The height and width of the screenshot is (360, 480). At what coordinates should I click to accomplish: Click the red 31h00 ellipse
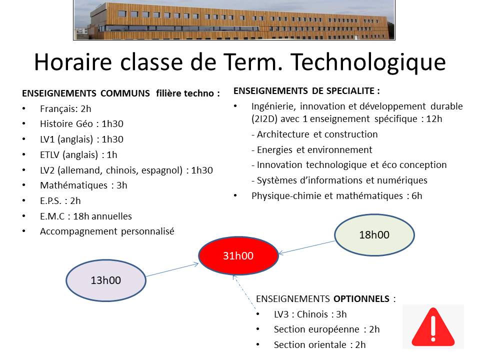pos(238,255)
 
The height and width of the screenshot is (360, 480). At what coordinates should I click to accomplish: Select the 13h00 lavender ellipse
pos(106,280)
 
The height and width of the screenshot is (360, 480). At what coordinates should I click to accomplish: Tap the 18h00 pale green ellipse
pos(374,235)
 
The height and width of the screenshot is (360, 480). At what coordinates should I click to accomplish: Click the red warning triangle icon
pos(433,327)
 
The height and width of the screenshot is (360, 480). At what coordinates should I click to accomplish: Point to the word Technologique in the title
pos(368,62)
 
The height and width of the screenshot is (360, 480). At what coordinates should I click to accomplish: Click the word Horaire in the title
pos(73,62)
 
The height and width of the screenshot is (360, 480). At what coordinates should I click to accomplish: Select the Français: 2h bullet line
pos(65,109)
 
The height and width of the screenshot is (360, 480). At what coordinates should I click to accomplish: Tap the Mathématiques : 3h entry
pos(83,185)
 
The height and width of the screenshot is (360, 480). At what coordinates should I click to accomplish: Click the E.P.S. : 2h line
pos(60,201)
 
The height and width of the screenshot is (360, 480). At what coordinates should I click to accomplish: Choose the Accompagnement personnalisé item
pos(107,231)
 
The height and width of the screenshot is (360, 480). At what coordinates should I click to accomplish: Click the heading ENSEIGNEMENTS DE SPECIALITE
pos(306,91)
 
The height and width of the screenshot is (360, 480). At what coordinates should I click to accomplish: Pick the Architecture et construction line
pos(314,134)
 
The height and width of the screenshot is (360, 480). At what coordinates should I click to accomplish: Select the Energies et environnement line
pos(312,149)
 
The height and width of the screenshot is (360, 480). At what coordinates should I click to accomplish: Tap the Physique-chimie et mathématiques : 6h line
pos(336,196)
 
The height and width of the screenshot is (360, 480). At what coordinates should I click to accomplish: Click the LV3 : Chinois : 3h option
pos(310,314)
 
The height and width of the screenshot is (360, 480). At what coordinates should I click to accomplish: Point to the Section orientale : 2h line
pos(320,345)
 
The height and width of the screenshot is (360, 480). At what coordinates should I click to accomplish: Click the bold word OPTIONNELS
pos(361,299)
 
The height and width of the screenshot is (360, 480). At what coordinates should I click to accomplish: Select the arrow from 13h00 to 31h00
pos(172,269)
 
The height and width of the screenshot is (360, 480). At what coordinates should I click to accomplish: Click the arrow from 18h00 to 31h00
pos(306,247)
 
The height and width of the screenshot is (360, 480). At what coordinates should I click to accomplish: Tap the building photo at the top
pos(234,20)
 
